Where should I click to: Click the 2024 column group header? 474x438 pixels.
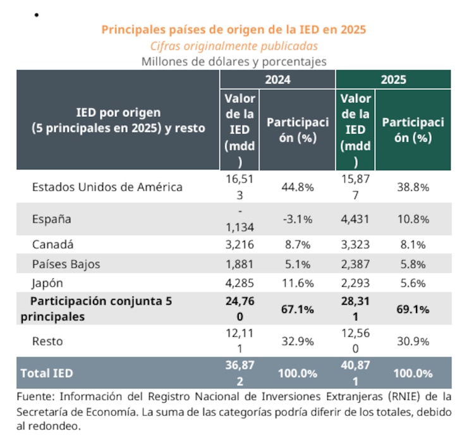pos(277,80)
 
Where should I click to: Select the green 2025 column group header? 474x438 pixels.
pos(393,80)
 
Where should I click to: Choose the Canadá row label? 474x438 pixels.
pos(53,245)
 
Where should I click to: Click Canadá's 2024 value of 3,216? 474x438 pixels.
pos(240,245)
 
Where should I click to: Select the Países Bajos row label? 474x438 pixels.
pos(66,264)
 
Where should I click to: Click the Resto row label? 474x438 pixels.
pos(48,341)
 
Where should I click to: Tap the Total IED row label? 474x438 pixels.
pos(47,373)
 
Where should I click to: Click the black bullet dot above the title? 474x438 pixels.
pos(36,13)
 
